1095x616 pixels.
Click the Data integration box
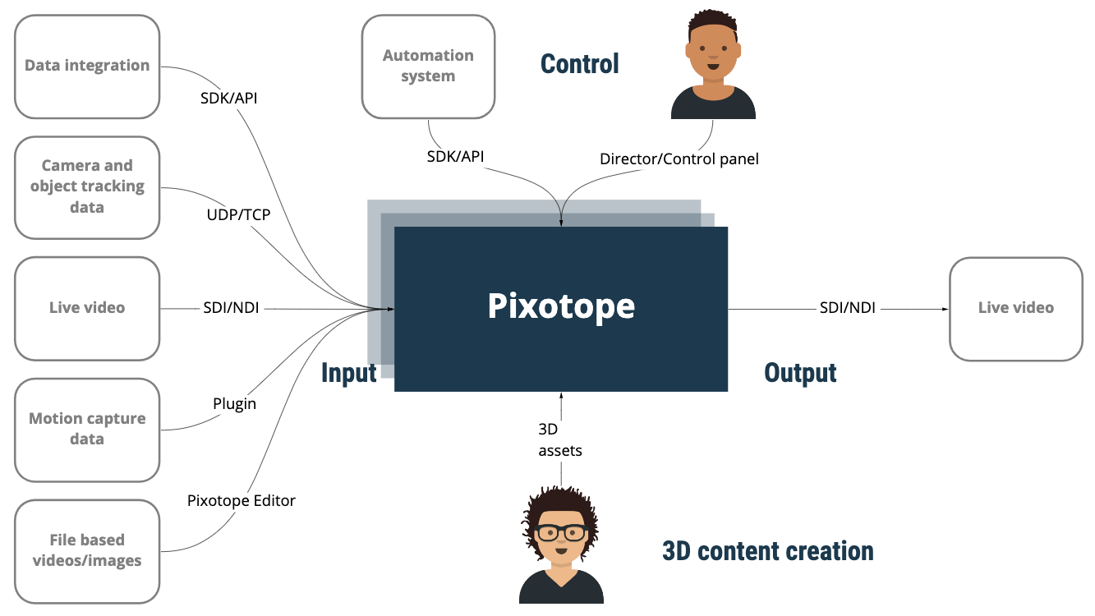(87, 67)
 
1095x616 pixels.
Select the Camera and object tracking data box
(87, 187)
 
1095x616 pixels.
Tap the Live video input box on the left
(87, 308)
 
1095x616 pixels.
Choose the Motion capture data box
(87, 429)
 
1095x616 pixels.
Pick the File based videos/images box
(87, 550)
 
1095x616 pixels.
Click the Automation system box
(428, 67)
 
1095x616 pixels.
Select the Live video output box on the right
(1015, 308)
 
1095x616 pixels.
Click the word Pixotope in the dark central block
(561, 306)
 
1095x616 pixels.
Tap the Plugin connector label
(234, 404)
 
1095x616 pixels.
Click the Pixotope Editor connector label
(242, 500)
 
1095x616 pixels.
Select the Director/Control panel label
(679, 159)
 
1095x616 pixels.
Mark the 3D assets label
(560, 439)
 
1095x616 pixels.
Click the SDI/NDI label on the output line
(847, 308)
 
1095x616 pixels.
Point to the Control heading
(579, 63)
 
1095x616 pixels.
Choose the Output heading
(800, 373)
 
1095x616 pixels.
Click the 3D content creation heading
(767, 550)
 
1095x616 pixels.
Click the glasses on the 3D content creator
(561, 532)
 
